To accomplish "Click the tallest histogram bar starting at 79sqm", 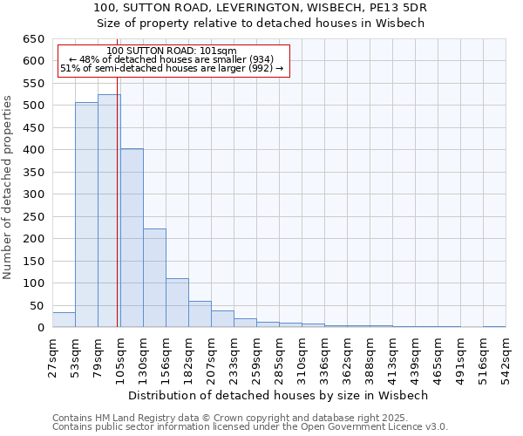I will point(109,211).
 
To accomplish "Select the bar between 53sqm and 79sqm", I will point(86,215).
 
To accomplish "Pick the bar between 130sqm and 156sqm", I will point(154,278).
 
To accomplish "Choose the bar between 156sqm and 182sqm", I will point(177,303).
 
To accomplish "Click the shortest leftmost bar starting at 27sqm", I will point(64,320).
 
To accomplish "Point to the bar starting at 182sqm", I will point(200,314).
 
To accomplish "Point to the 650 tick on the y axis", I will point(34,39).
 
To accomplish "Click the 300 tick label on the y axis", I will point(34,194).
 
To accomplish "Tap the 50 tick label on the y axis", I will point(37,306).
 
